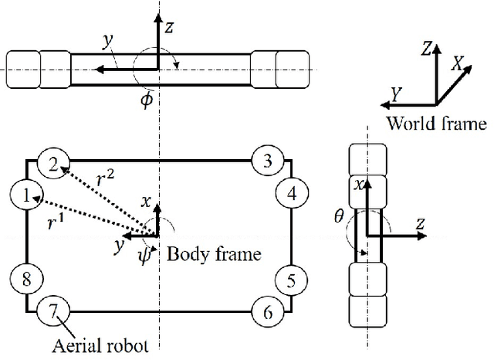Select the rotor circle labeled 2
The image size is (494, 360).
[53, 163]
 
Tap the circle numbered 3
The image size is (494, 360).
[267, 161]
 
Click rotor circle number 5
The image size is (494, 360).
[291, 278]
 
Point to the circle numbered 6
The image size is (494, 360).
[267, 311]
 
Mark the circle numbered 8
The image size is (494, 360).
[27, 278]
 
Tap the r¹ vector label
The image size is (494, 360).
[56, 223]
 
